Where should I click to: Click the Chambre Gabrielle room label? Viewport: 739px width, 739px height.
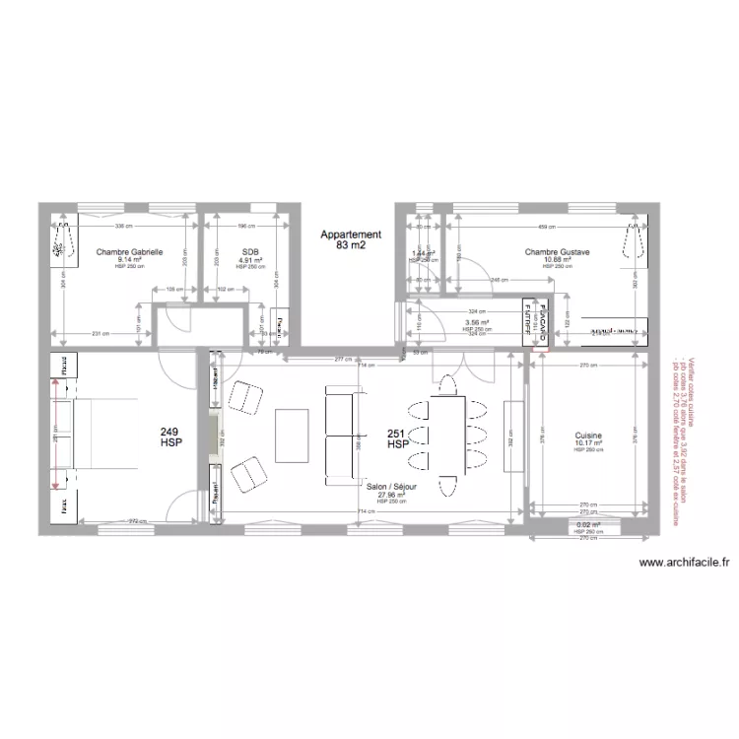click(x=129, y=252)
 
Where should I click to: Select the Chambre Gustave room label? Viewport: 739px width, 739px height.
click(x=557, y=252)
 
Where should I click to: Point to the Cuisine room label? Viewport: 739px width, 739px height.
click(x=588, y=436)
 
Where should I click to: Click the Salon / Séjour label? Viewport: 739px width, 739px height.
click(x=391, y=487)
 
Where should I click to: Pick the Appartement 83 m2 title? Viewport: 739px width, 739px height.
click(x=350, y=239)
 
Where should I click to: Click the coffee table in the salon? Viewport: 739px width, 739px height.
click(x=292, y=435)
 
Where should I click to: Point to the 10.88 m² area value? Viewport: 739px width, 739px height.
click(x=557, y=260)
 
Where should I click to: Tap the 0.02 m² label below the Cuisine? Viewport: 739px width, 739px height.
click(x=587, y=525)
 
